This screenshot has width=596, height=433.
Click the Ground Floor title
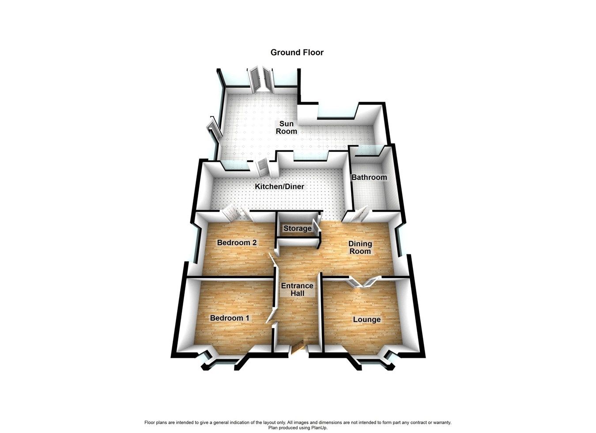[x=297, y=52]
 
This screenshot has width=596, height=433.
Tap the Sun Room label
[x=286, y=127]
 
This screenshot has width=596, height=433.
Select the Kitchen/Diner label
[x=279, y=187]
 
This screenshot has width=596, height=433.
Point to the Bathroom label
[x=369, y=177]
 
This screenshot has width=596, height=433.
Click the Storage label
[x=297, y=228]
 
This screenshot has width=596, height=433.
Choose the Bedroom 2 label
[x=237, y=243]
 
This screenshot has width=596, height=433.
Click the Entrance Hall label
[x=297, y=289]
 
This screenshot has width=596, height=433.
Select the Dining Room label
[x=360, y=247]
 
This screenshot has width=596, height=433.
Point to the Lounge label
[x=366, y=319]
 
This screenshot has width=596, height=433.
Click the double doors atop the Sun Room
[x=261, y=79]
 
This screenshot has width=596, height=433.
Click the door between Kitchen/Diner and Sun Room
[x=261, y=165]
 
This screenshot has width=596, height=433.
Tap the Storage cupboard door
[x=316, y=226]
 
